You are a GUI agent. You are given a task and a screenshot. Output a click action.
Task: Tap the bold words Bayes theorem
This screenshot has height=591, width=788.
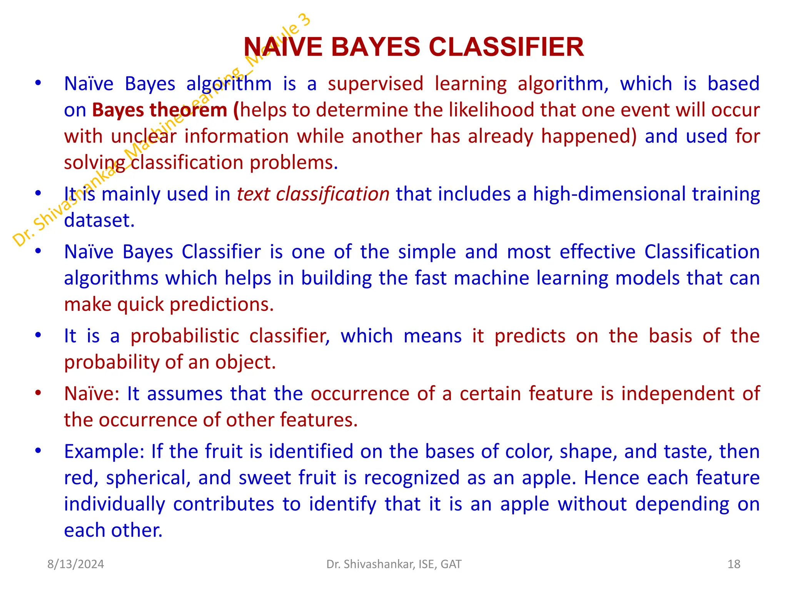click(x=159, y=110)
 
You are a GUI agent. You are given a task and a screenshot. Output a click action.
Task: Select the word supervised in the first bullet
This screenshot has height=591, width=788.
click(x=376, y=84)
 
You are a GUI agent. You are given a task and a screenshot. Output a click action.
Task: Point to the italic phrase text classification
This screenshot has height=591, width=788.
click(x=313, y=194)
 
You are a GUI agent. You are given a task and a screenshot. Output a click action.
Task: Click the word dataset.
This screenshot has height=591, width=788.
click(x=99, y=220)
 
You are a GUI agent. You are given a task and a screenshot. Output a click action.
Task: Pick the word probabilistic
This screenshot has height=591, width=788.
click(x=185, y=336)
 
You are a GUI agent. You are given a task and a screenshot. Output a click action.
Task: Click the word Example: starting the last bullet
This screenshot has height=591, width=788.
click(x=104, y=451)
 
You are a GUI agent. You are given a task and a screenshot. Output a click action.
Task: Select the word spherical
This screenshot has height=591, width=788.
click(x=149, y=478)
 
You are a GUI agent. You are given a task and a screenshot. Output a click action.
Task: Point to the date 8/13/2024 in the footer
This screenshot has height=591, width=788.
click(x=75, y=564)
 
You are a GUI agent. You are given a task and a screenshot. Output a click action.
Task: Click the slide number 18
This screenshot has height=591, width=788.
click(x=734, y=564)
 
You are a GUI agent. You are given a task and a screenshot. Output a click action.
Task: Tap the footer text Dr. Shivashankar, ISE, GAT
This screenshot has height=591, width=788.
click(x=394, y=564)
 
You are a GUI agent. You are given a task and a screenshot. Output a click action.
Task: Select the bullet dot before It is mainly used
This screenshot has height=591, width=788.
click(x=38, y=193)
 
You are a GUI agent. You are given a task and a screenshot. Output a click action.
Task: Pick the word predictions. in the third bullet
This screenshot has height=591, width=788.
click(x=222, y=305)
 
